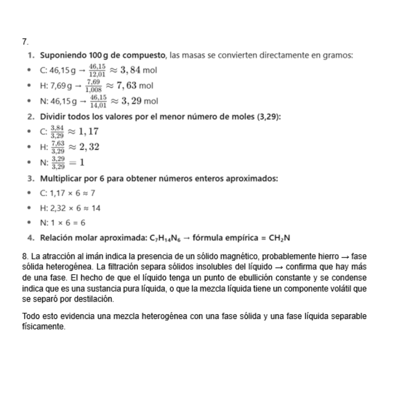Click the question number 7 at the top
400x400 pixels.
coord(24,42)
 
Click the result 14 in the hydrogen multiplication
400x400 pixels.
coord(96,208)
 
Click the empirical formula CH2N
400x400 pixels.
coord(280,238)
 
